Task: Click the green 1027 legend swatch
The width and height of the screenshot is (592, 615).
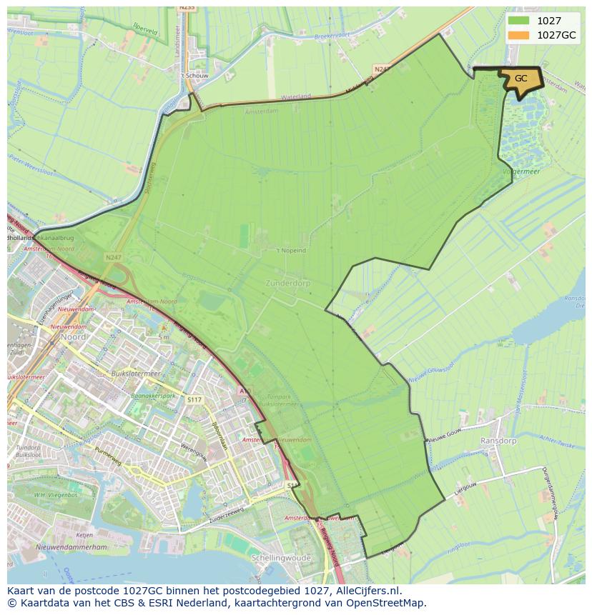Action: point(519,21)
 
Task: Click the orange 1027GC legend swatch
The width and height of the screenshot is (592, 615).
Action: point(519,35)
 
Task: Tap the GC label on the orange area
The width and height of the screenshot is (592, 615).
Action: point(521,79)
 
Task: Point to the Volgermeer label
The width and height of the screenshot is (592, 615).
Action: point(521,171)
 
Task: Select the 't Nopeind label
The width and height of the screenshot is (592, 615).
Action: point(291,251)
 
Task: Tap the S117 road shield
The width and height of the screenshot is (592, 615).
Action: point(193,400)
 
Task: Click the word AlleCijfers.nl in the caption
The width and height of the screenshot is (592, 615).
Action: point(366,591)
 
